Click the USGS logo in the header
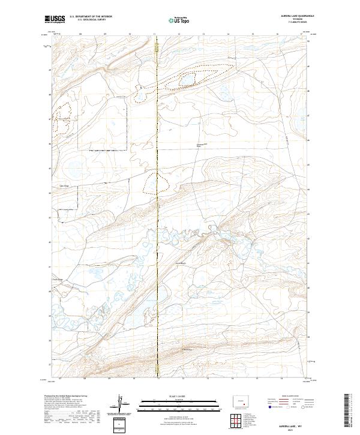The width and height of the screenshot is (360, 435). pyautogui.click(x=56, y=20)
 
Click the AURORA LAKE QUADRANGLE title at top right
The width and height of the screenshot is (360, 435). pyautogui.click(x=288, y=16)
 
